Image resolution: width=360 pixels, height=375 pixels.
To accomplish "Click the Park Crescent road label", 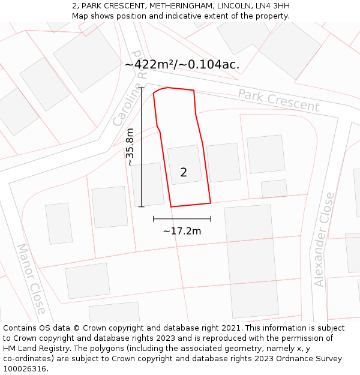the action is (x=278, y=100).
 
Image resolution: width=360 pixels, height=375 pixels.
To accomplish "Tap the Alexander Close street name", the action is (x=323, y=239).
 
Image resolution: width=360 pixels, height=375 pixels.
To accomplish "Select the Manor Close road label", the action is (x=31, y=278).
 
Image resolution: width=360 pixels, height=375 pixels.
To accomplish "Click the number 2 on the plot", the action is (x=184, y=173).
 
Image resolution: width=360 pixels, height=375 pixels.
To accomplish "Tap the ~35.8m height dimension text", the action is (x=130, y=147).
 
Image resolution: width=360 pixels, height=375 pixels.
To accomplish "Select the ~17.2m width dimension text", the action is (x=182, y=231).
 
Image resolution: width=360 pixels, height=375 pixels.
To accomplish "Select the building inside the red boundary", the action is (x=185, y=164).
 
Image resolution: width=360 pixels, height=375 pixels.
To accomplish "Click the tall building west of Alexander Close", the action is (x=251, y=261).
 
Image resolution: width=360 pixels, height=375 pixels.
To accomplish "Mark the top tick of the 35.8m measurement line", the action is (x=142, y=88).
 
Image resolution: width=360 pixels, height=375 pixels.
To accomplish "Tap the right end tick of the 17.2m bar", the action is (x=211, y=219).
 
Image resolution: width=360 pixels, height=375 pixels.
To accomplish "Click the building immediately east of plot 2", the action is (x=223, y=163).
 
